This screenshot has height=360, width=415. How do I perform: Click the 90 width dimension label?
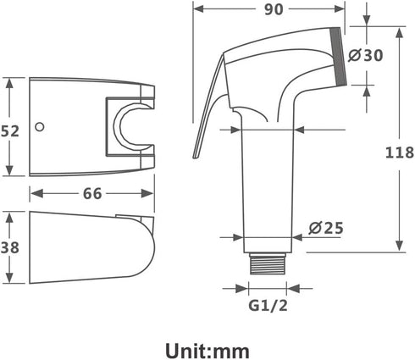(274, 9)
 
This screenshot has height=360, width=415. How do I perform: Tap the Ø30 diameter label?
(365, 55)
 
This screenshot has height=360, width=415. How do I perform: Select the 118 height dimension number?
(400, 152)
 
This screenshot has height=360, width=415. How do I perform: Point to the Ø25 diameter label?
(326, 228)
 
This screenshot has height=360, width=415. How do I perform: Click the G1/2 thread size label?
(268, 305)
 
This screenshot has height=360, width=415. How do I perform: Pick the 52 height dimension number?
(9, 131)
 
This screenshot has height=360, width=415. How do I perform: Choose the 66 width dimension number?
(92, 194)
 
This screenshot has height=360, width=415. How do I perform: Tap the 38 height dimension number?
(9, 247)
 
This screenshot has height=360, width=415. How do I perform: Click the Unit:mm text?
(207, 351)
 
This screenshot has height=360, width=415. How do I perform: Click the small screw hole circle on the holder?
(40, 127)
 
